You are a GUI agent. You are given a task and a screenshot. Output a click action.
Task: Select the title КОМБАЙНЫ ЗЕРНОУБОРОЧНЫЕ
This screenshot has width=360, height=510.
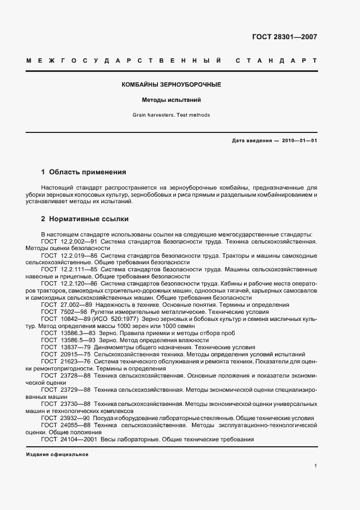click(x=171, y=85)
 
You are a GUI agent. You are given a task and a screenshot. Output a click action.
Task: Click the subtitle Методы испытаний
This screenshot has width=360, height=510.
click(x=172, y=100)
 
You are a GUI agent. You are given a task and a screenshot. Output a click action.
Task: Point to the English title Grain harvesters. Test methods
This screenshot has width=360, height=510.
click(x=171, y=115)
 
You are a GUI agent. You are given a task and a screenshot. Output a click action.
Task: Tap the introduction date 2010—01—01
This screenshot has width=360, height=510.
click(x=299, y=141)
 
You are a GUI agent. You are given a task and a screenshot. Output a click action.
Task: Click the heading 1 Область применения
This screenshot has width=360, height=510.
click(x=83, y=172)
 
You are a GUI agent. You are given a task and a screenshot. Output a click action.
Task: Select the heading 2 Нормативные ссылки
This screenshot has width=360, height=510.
click(x=84, y=219)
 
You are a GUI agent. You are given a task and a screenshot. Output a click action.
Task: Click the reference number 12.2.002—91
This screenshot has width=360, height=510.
click(x=79, y=240)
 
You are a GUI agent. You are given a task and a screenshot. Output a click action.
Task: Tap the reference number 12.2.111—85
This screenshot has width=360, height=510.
click(x=79, y=269)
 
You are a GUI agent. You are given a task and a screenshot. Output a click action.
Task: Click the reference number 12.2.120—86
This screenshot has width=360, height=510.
click(x=79, y=284)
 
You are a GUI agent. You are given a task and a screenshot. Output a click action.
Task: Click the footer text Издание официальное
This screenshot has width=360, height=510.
click(x=57, y=454)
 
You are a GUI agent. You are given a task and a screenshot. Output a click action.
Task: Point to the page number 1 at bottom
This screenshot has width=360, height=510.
click(x=316, y=466)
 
